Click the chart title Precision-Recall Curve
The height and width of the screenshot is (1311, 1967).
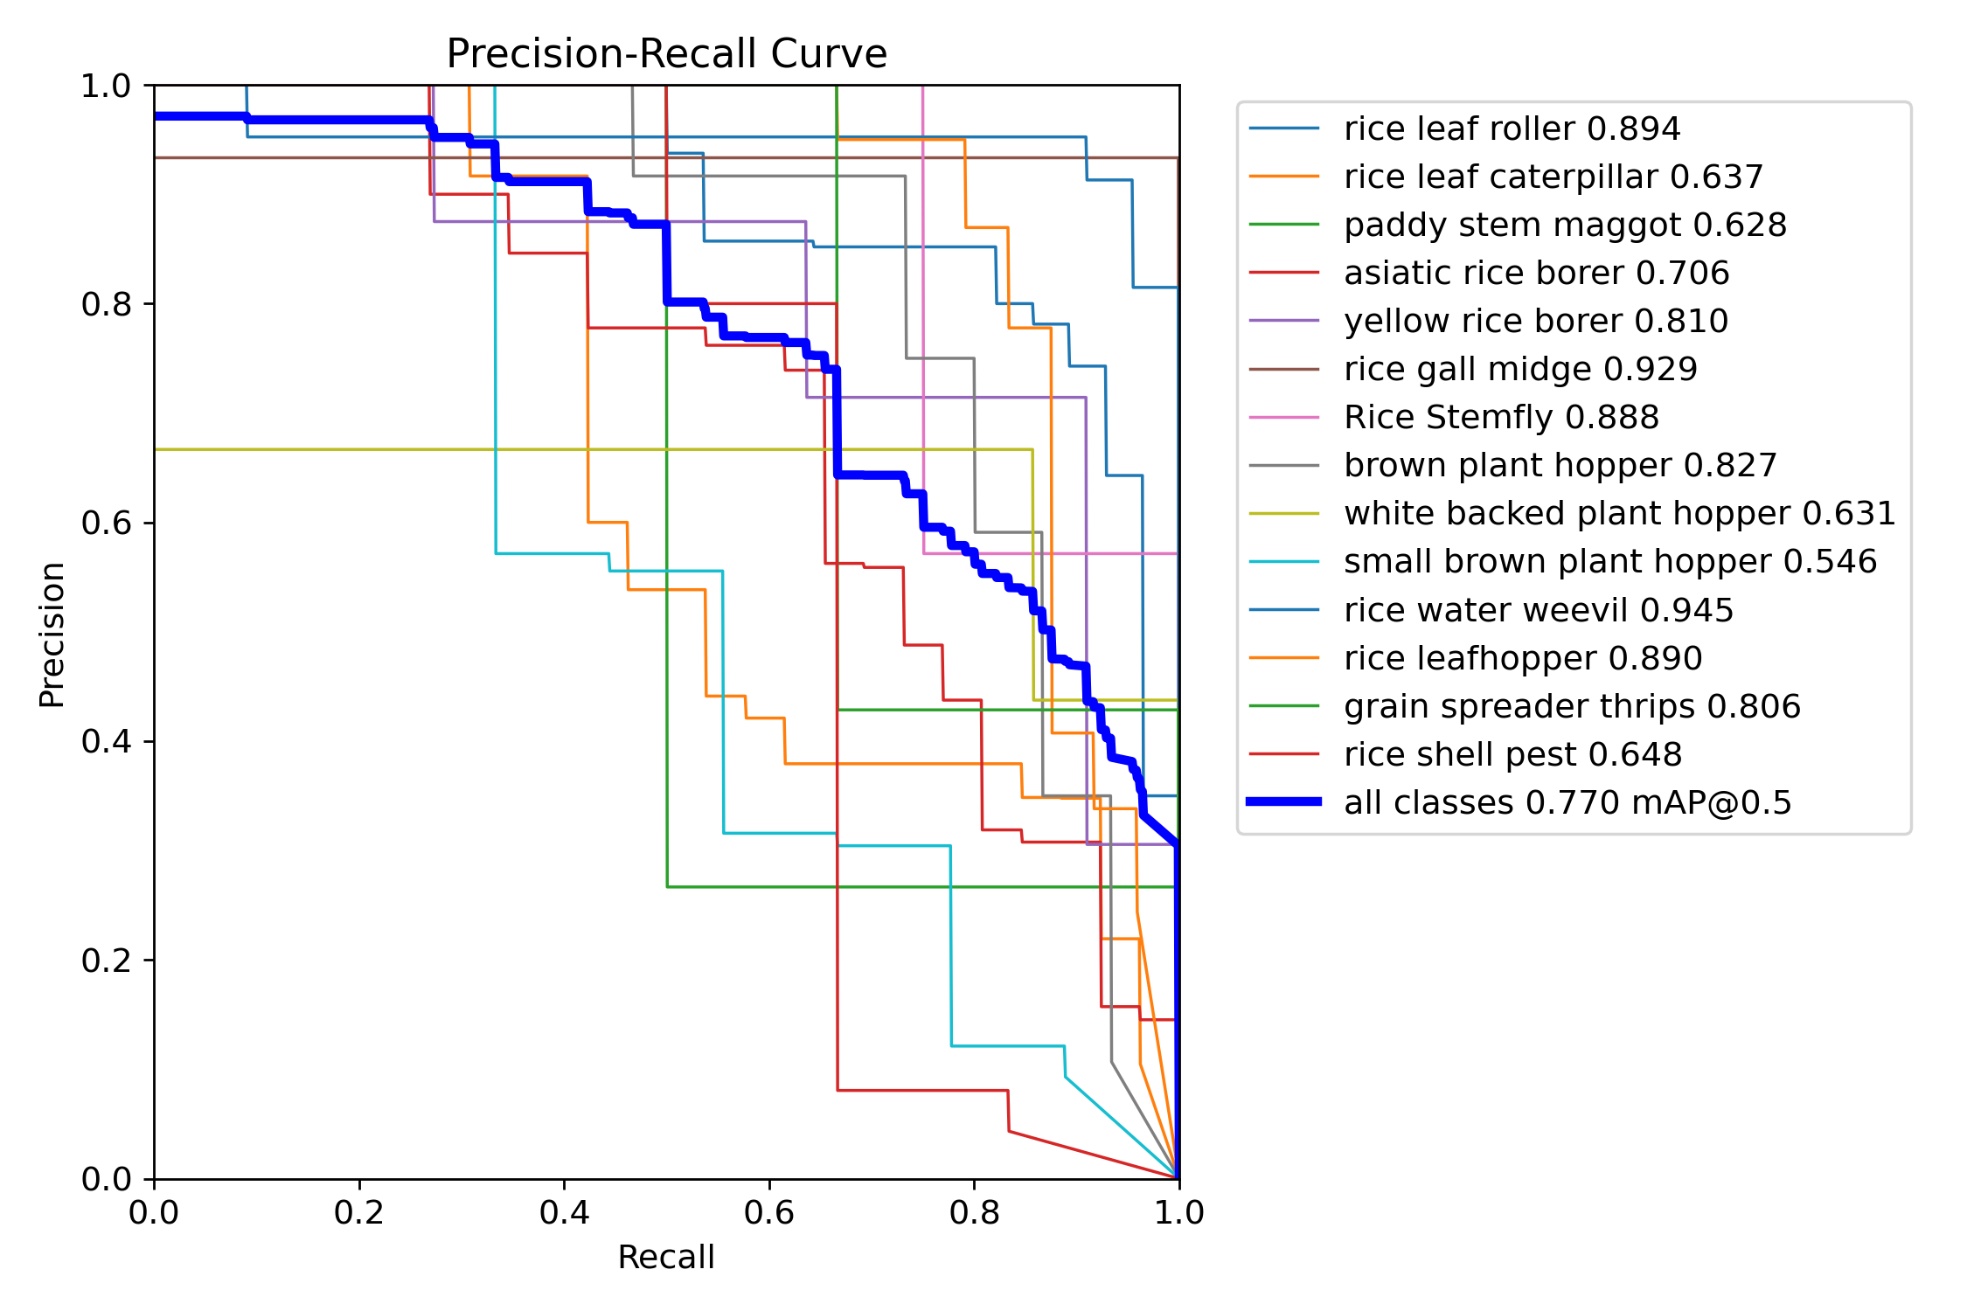click(x=666, y=54)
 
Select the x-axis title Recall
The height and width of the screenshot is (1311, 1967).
click(x=666, y=1257)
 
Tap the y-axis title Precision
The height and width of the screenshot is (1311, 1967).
click(x=52, y=635)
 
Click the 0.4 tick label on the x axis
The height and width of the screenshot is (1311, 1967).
click(x=564, y=1212)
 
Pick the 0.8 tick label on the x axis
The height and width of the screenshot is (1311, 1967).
click(x=974, y=1212)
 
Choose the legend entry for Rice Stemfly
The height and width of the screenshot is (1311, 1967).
click(x=1500, y=417)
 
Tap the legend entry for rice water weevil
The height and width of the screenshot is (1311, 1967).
click(x=1538, y=610)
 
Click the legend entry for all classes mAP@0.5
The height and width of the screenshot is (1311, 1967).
click(x=1567, y=802)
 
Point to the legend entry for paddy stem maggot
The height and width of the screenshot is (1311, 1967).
click(x=1564, y=225)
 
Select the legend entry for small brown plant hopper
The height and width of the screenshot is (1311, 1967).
click(x=1609, y=561)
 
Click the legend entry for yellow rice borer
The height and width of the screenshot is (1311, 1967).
click(x=1535, y=321)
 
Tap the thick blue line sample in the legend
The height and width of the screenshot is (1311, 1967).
click(x=1283, y=801)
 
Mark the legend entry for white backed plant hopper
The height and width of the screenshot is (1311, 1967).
click(x=1619, y=513)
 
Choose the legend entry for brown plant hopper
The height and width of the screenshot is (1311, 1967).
click(x=1560, y=465)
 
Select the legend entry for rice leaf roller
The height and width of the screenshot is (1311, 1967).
click(x=1512, y=128)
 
